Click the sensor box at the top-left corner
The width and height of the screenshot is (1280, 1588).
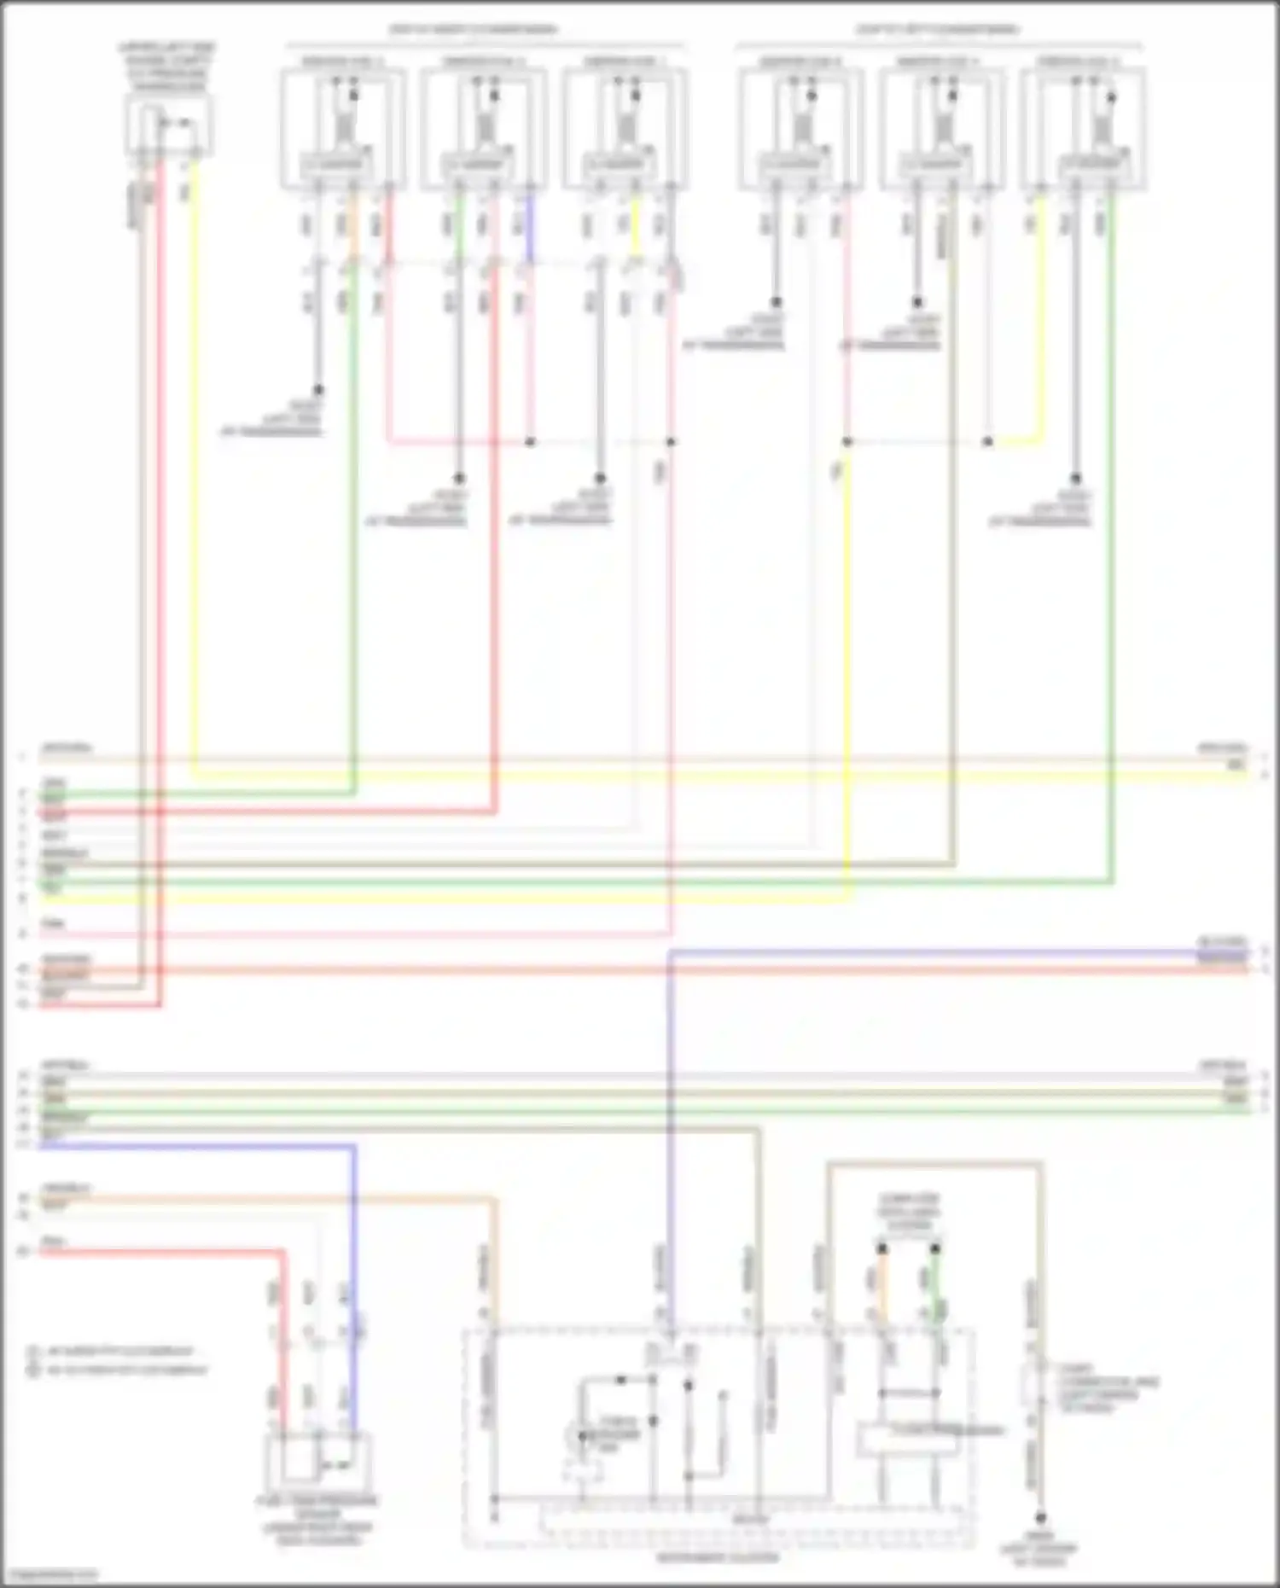point(168,125)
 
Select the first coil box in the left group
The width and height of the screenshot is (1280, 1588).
point(343,128)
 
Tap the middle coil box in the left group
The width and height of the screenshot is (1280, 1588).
point(484,128)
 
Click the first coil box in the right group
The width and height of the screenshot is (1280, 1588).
point(800,128)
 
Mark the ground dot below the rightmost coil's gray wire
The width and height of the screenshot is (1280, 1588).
point(1075,479)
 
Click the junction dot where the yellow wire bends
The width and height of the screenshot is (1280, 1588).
point(987,442)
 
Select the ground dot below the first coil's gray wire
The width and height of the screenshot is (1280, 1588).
point(317,389)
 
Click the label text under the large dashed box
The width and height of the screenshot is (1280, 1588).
point(717,1558)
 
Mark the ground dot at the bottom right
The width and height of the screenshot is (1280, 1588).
point(1040,1518)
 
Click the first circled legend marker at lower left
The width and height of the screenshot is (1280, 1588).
point(34,1352)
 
